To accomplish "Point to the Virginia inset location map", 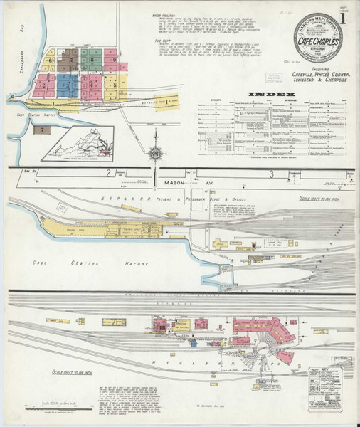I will tap(78, 143).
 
